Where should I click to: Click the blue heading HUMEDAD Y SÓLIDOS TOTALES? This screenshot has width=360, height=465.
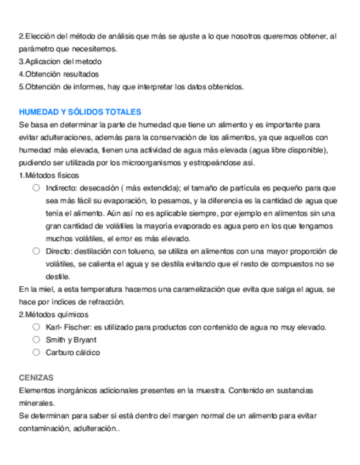80,112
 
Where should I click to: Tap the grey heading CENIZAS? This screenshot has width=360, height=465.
36,378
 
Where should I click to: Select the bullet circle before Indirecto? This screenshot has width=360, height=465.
36,188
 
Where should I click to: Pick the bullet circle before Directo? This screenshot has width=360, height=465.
36,251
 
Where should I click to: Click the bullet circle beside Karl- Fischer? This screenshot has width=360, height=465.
36,327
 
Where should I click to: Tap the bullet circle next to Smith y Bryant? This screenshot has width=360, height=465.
36,339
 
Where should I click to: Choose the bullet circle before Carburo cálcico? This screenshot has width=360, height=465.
36,352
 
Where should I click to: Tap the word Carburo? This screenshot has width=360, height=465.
59,353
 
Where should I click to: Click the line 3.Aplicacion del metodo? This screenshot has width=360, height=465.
60,61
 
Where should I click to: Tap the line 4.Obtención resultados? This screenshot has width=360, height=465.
59,74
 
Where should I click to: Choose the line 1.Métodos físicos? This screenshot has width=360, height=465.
49,175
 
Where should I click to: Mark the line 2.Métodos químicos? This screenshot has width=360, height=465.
53,314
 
